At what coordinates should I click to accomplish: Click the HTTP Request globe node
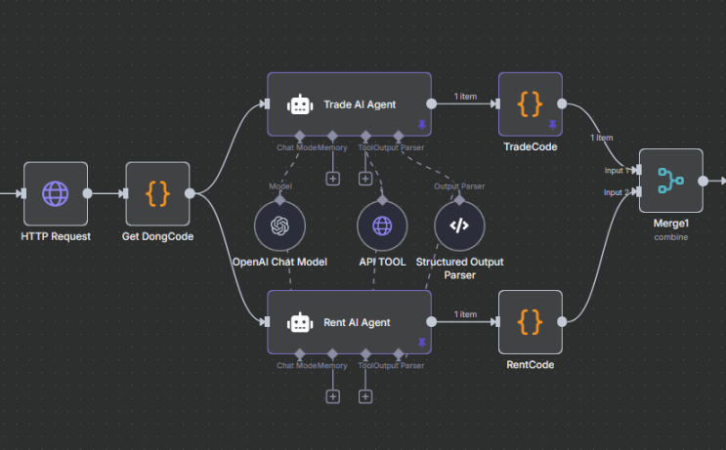[x=55, y=193]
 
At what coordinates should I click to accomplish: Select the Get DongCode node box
[x=156, y=193]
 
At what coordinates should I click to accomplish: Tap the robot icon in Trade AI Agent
[x=298, y=103]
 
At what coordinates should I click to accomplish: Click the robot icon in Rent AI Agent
[x=298, y=321]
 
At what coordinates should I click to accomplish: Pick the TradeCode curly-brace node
[x=530, y=103]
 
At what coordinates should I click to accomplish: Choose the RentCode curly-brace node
[x=530, y=321]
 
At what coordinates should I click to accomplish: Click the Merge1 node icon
[x=670, y=181]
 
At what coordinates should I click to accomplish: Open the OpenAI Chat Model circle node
[x=279, y=225]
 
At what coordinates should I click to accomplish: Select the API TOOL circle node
[x=381, y=225]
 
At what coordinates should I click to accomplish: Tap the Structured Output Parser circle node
[x=459, y=225]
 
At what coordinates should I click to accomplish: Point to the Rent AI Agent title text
[x=357, y=322]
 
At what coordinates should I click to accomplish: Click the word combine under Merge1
[x=670, y=236]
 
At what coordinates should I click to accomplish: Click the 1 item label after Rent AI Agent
[x=465, y=314]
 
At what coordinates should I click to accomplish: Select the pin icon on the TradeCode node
[x=552, y=125]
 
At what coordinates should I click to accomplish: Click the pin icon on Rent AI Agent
[x=422, y=343]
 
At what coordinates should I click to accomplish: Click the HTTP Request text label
[x=55, y=237]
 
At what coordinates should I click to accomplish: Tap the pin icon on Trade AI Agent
[x=422, y=125]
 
